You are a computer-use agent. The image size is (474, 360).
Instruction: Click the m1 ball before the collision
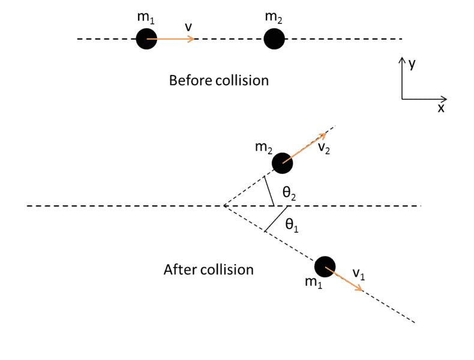click(146, 40)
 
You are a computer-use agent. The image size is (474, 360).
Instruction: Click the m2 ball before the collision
click(274, 40)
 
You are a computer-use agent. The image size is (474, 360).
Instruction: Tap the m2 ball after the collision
click(282, 163)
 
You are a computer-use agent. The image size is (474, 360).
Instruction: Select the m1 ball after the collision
click(325, 266)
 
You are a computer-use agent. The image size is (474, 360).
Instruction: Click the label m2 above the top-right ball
click(274, 18)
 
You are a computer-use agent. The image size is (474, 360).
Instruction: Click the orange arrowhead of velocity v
click(191, 40)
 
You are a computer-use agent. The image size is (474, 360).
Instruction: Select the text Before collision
click(218, 80)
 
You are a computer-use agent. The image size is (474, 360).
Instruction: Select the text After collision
click(208, 270)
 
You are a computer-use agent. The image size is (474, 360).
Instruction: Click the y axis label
click(412, 64)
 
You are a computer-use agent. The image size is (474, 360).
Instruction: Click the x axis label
click(440, 109)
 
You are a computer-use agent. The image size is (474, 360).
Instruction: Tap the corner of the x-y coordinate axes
click(402, 98)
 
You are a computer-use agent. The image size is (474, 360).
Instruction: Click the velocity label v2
click(323, 148)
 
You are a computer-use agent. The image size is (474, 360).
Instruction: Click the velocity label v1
click(358, 274)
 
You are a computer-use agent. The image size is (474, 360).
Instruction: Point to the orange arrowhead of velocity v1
click(360, 289)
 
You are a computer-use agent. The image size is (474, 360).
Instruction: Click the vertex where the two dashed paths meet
click(224, 206)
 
